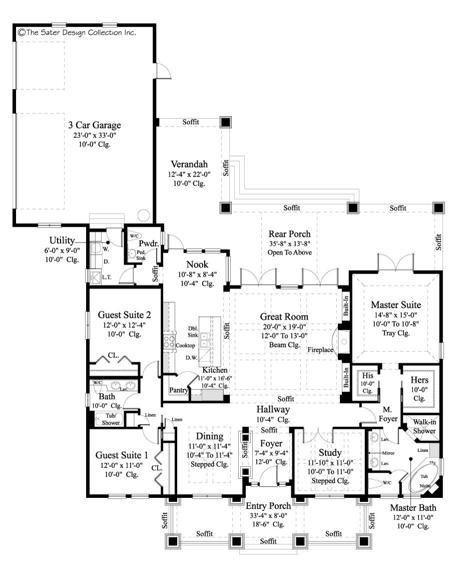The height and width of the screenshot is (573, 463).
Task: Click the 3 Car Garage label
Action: [94, 125]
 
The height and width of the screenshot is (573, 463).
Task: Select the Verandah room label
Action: [189, 164]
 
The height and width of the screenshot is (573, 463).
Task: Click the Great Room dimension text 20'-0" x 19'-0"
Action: [284, 326]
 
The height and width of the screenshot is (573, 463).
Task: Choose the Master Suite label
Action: [395, 304]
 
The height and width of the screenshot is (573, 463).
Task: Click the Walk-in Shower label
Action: [423, 426]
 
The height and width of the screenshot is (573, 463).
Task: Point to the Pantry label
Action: [178, 390]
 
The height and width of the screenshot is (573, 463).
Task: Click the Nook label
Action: [197, 264]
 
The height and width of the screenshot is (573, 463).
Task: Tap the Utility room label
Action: [62, 241]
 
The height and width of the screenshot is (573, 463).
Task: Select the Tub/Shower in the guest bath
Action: [111, 419]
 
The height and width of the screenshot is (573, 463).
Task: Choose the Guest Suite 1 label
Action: [122, 455]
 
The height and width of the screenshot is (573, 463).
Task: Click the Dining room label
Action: [209, 436]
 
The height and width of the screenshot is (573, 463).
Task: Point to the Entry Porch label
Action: [268, 506]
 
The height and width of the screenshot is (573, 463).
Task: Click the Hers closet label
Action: [419, 380]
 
